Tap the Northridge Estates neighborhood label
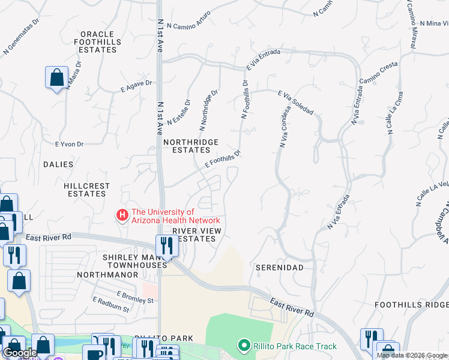coord(191,146)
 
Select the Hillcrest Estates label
coord(87,190)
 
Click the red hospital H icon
coord(122,214)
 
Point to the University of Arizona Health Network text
coord(171,216)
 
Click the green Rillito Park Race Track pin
coord(243,346)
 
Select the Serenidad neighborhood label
coord(279,266)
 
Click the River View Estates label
coord(197,235)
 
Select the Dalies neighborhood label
coord(58,164)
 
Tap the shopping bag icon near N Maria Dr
coord(56,78)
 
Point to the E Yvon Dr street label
coord(69,144)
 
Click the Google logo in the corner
coord(20,352)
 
